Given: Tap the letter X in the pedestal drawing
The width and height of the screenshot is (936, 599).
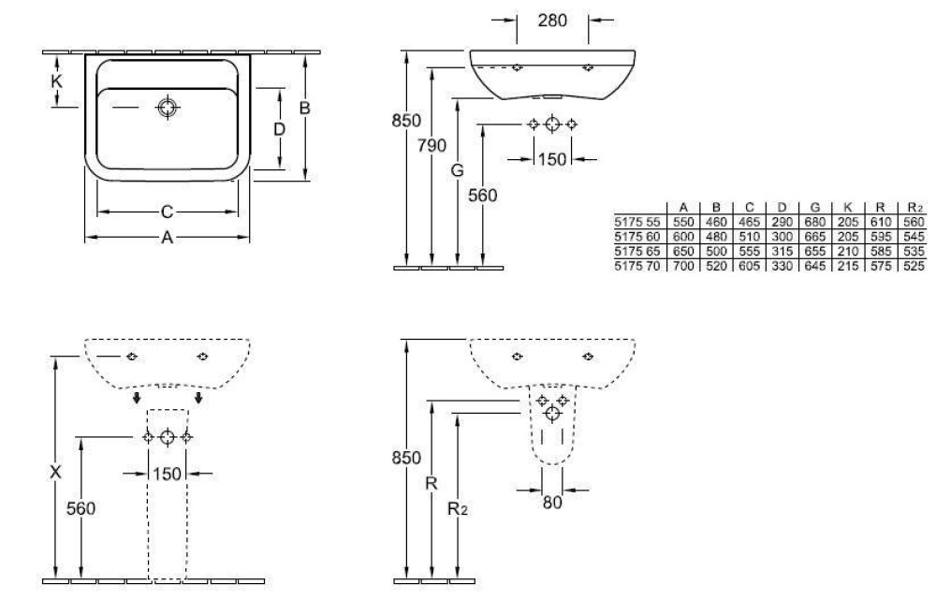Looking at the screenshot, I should coord(55,474).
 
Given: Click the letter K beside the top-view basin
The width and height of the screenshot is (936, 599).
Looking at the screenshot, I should coord(56,81).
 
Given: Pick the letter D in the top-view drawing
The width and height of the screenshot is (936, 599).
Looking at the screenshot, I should coord(278,128).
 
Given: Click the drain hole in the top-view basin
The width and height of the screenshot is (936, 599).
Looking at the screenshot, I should coord(168,108).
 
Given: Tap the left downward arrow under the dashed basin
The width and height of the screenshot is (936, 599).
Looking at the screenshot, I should coord(137,400).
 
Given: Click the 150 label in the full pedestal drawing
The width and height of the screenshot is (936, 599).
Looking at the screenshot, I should coord(167,474).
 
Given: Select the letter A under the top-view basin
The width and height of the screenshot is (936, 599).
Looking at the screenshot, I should coord(167,238).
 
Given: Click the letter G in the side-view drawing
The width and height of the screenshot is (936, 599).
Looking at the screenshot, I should coord(457,171).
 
